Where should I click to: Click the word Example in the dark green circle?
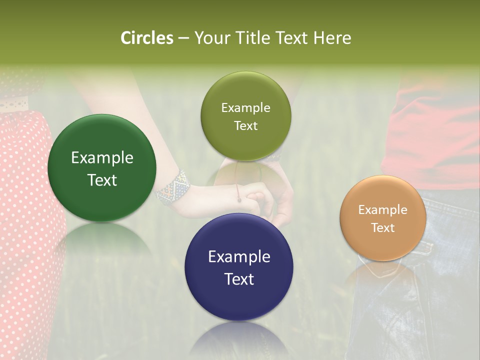point(102,158)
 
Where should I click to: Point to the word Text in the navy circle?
point(239,279)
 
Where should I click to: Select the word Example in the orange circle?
point(383,210)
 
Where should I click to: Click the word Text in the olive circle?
point(245,126)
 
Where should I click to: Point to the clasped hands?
point(260,197)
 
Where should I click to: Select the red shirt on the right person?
point(435,135)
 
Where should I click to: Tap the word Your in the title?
point(210,38)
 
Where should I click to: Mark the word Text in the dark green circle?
point(102,180)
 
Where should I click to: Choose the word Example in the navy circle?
point(239,257)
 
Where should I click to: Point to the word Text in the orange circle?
point(383,228)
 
